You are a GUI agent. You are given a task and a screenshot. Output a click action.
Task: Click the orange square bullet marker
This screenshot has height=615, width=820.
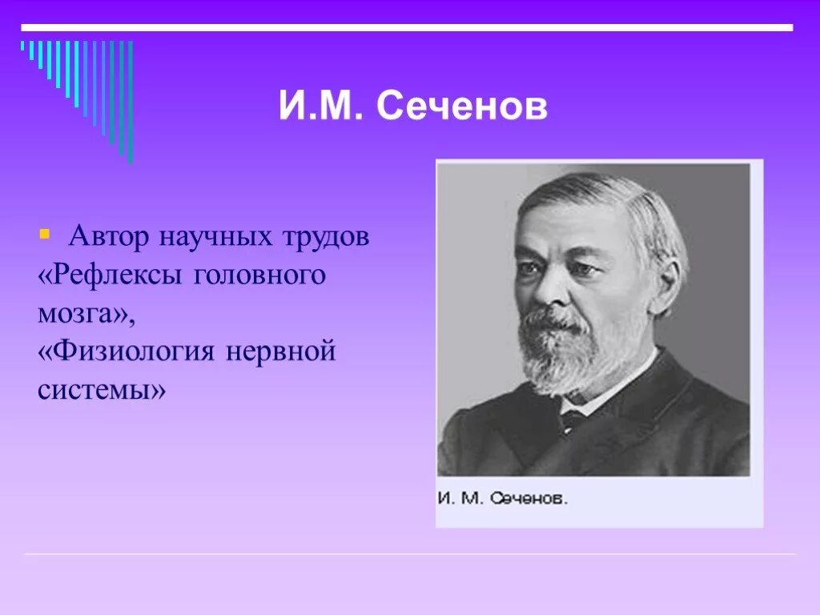click(x=44, y=235)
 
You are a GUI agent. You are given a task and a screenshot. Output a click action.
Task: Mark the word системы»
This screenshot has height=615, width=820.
click(x=102, y=391)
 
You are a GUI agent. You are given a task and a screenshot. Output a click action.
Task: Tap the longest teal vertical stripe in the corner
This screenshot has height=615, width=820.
click(x=131, y=100)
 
